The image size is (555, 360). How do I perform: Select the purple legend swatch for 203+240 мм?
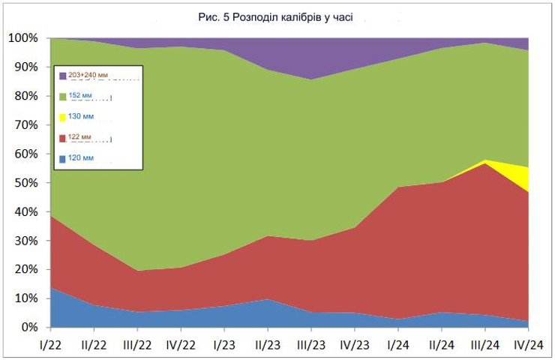[63, 75]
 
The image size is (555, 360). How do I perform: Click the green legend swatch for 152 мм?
[63, 96]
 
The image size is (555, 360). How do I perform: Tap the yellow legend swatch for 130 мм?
[63, 117]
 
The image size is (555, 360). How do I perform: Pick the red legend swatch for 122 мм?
[63, 138]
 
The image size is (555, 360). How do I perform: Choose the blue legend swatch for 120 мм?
[63, 159]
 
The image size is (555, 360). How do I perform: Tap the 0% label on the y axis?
[29, 328]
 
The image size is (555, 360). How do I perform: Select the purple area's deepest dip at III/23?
[311, 78]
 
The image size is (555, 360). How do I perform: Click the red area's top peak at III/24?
[485, 164]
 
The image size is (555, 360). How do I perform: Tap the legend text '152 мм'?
[82, 96]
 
